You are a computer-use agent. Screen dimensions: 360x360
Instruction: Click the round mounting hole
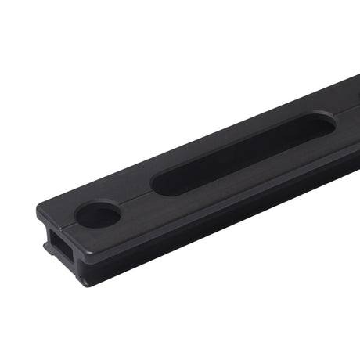98,214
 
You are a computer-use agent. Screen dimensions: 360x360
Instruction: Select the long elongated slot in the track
243,153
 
